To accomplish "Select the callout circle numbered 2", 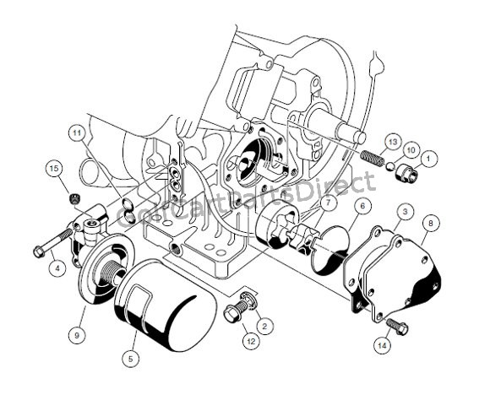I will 264,325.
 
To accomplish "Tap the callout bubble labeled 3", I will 406,210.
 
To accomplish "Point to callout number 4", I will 57,269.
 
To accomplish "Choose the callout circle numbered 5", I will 130,359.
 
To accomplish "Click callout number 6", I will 362,206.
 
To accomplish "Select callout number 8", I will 433,224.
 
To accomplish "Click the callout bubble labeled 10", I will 411,149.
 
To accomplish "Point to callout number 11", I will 78,133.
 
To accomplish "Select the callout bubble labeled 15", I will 54,170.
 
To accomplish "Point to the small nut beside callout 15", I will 74,199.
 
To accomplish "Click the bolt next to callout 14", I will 395,326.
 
